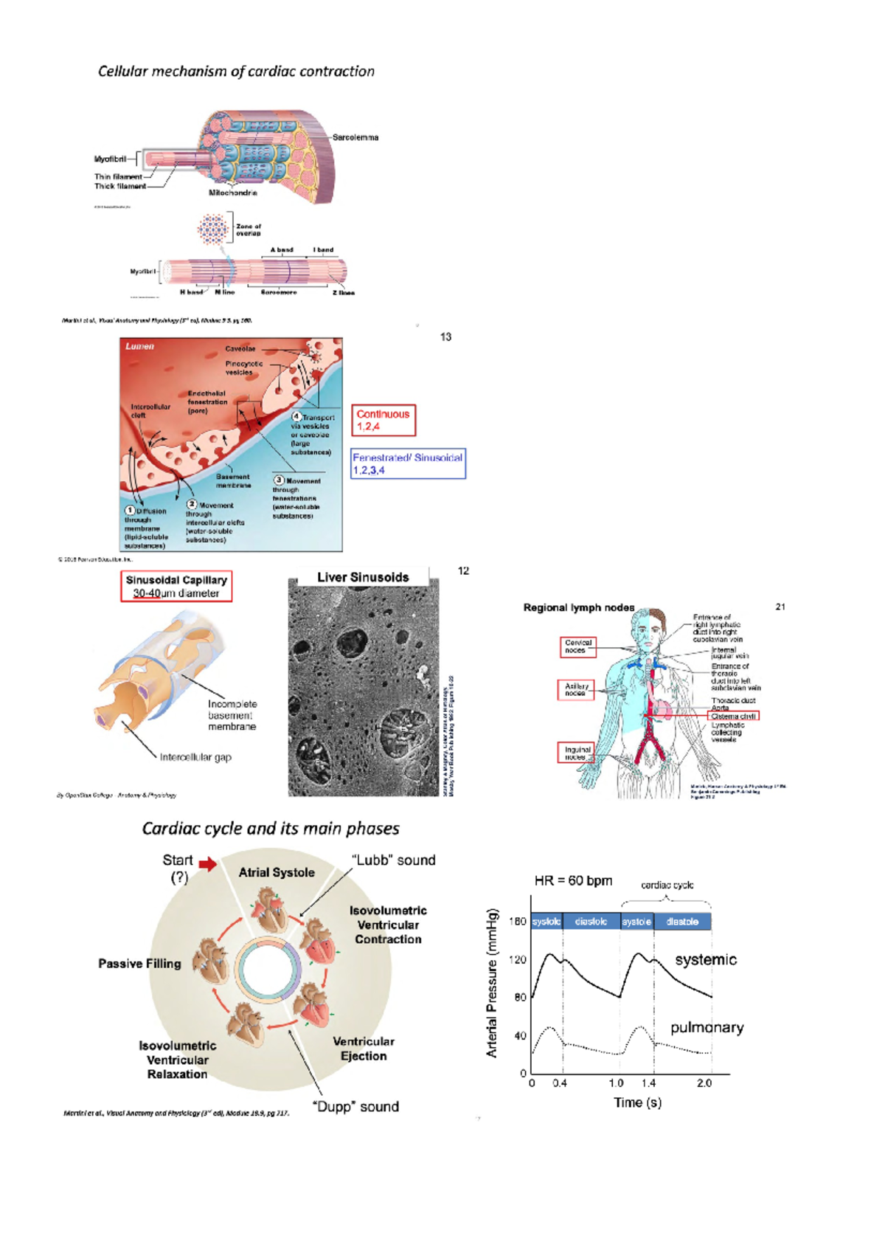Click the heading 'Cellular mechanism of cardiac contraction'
236,72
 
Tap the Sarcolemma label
355,137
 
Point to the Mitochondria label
233,193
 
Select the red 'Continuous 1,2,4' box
383,420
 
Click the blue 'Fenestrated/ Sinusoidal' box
408,463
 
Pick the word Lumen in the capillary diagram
139,346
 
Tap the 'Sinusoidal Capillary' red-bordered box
176,586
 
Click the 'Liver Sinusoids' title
363,577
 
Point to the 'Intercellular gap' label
195,757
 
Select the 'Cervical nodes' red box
577,646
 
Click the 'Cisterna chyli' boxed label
733,716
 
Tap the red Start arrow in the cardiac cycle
208,864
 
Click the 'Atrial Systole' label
277,872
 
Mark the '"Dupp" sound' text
356,1106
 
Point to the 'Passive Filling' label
139,964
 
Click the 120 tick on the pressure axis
518,959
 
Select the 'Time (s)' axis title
637,1102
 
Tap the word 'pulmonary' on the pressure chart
707,1027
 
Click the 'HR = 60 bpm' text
573,880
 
